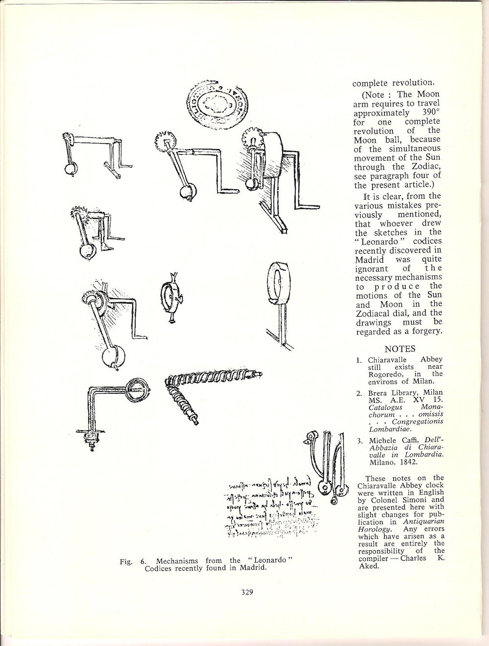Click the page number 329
[x=246, y=592]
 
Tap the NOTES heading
[x=400, y=349]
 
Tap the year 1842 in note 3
[x=407, y=462]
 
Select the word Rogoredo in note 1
[x=385, y=374]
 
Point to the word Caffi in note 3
[x=412, y=440]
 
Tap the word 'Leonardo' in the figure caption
[x=268, y=560]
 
